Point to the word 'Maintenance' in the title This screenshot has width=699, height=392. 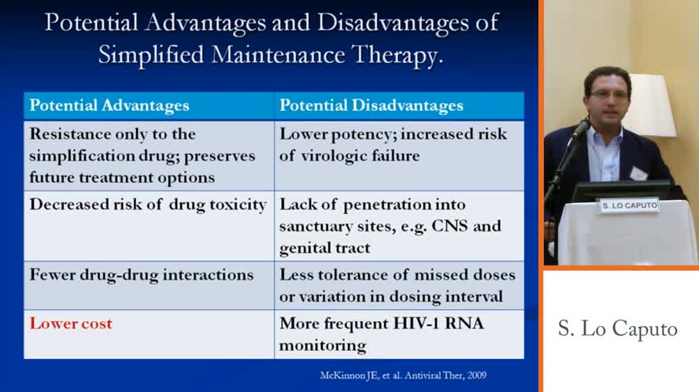click(x=278, y=54)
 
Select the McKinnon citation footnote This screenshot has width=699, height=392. click(x=403, y=375)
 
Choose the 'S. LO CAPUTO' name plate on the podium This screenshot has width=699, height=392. click(x=630, y=205)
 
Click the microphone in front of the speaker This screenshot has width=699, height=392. click(x=581, y=128)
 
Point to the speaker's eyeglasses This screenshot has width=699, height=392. click(x=608, y=94)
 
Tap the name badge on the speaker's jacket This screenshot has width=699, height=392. click(x=638, y=172)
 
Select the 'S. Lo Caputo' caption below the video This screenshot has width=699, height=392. click(x=617, y=329)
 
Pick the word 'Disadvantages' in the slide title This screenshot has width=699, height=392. click(x=393, y=23)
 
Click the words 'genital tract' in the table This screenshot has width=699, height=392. click(x=324, y=248)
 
